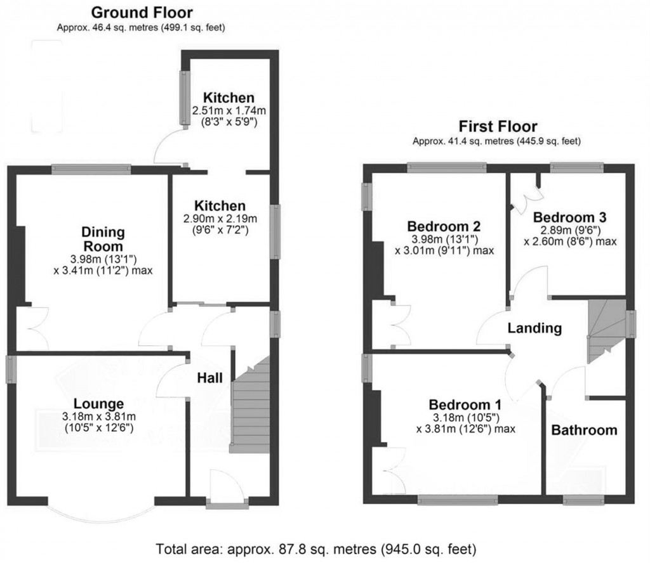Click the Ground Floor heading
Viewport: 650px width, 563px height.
pos(142,12)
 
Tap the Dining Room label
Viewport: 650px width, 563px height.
pos(102,239)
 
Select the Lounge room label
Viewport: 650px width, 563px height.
pos(98,404)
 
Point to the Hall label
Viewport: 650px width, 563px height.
pos(209,378)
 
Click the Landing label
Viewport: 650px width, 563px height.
pos(534,328)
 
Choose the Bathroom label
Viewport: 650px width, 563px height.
pos(583,430)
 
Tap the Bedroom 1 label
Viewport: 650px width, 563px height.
pos(465,404)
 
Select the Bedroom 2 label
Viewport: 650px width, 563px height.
pos(444,226)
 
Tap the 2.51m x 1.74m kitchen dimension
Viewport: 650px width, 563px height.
pos(229,110)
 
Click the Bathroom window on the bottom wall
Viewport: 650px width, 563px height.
pos(584,501)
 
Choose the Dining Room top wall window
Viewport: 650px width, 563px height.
pos(91,169)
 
